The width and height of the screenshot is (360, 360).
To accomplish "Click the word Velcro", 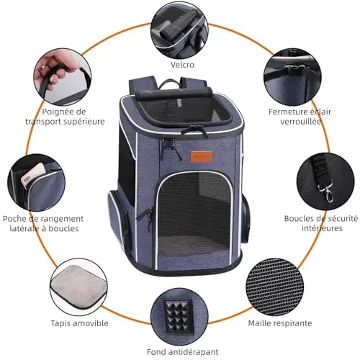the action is [x=182, y=65].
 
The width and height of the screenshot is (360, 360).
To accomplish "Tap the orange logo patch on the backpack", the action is [x=202, y=156].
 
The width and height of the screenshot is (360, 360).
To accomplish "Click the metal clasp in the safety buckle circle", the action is [x=326, y=193].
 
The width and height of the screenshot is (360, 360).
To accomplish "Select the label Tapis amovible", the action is [x=79, y=323].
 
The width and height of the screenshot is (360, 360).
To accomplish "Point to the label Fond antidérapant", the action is [x=182, y=352].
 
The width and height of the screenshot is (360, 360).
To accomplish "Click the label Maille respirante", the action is [x=280, y=323].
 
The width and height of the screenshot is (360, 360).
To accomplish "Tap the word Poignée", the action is [x=55, y=112].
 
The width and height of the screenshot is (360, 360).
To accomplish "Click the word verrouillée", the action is [x=301, y=122].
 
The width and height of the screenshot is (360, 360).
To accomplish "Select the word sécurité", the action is [x=342, y=218].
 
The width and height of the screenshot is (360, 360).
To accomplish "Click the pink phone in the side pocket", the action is [x=31, y=176].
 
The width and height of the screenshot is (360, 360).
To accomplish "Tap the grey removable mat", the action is [x=78, y=287].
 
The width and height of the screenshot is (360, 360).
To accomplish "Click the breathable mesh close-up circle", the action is [x=275, y=287].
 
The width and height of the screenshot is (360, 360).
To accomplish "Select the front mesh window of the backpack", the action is [x=194, y=214].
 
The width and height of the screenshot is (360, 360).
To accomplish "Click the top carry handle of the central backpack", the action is [x=169, y=84].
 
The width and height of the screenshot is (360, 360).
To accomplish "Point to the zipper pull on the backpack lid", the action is [x=195, y=131].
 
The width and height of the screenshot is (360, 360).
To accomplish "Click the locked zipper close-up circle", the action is [x=292, y=77].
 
